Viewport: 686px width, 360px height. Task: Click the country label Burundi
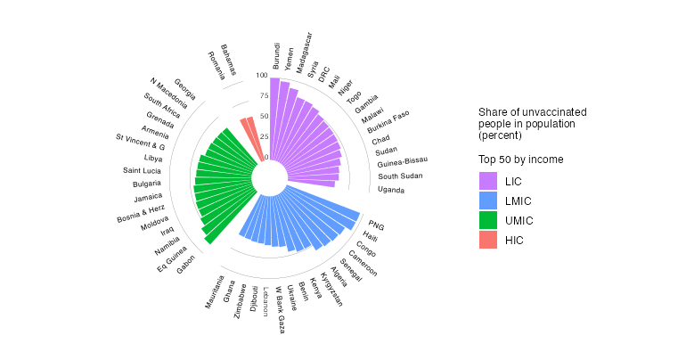tap(276, 56)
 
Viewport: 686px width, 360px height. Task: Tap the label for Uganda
tap(390, 190)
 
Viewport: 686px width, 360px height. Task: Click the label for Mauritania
tap(216, 291)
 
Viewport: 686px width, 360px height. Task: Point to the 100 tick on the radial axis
tap(261, 76)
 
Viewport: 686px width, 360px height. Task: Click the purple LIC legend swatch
tap(487, 181)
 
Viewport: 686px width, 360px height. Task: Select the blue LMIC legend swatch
tap(487, 200)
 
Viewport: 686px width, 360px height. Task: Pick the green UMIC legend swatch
tap(487, 220)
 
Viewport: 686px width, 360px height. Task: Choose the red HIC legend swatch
tap(487, 240)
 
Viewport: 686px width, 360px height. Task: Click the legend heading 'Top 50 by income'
tap(520, 160)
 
